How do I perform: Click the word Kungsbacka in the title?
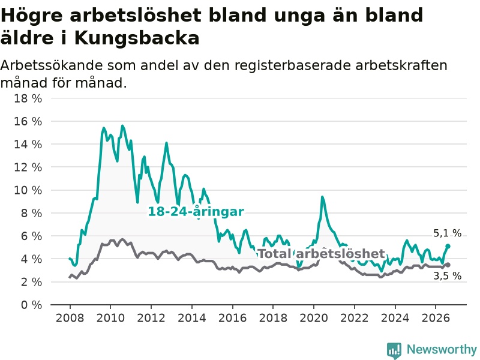click(137, 38)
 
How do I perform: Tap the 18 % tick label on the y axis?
click(28, 98)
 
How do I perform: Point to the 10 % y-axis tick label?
click(28, 190)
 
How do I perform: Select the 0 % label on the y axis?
click(31, 305)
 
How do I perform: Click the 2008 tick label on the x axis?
click(70, 318)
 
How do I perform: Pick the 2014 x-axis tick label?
click(192, 318)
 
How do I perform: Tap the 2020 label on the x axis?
click(314, 318)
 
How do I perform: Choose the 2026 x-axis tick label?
click(436, 318)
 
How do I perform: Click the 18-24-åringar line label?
click(196, 212)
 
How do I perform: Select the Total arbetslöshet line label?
click(321, 253)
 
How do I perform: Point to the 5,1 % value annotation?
click(447, 233)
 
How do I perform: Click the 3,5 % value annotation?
click(447, 276)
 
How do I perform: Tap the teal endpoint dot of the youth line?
click(448, 246)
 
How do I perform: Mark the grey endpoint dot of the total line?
click(448, 265)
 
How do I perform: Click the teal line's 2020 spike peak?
click(322, 197)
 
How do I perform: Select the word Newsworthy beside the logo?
click(442, 349)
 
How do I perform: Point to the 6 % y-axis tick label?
click(31, 236)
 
